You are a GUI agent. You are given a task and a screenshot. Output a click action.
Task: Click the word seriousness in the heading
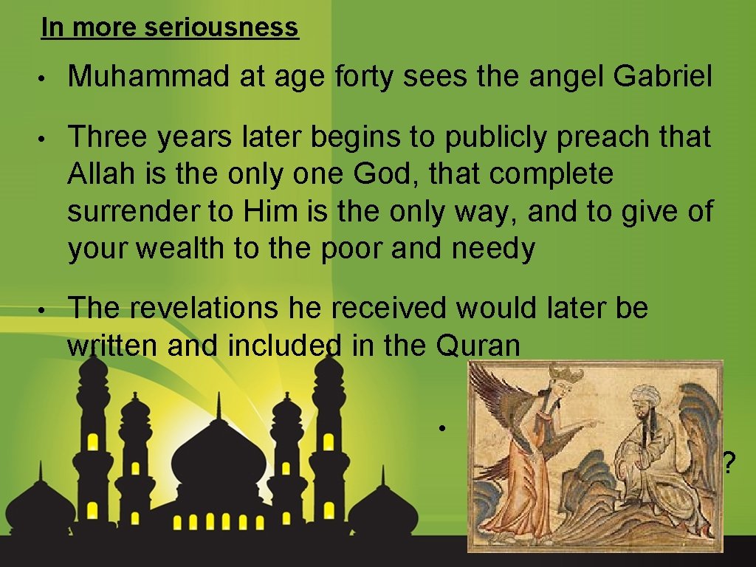[221, 28]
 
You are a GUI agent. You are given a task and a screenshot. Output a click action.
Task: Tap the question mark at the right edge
[729, 464]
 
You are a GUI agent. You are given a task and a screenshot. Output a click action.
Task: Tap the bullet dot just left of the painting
[439, 429]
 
